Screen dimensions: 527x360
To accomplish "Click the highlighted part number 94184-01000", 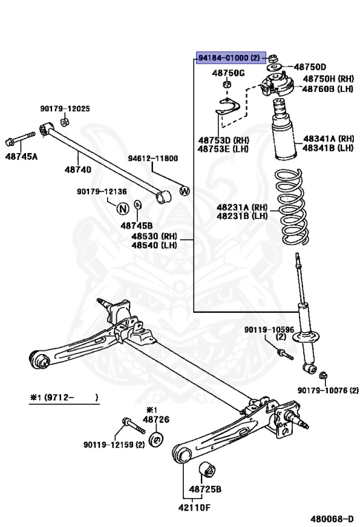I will point(230,59).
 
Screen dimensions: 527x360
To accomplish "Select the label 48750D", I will point(310,67).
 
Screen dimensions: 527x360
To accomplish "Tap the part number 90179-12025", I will point(64,109).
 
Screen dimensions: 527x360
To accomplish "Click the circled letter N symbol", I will point(123,208).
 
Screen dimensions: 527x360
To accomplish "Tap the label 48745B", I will point(136,225).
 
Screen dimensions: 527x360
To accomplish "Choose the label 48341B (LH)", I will point(328,148).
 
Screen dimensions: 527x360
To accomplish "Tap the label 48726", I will point(156,419).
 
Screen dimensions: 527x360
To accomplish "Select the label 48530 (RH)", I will point(154,236).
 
